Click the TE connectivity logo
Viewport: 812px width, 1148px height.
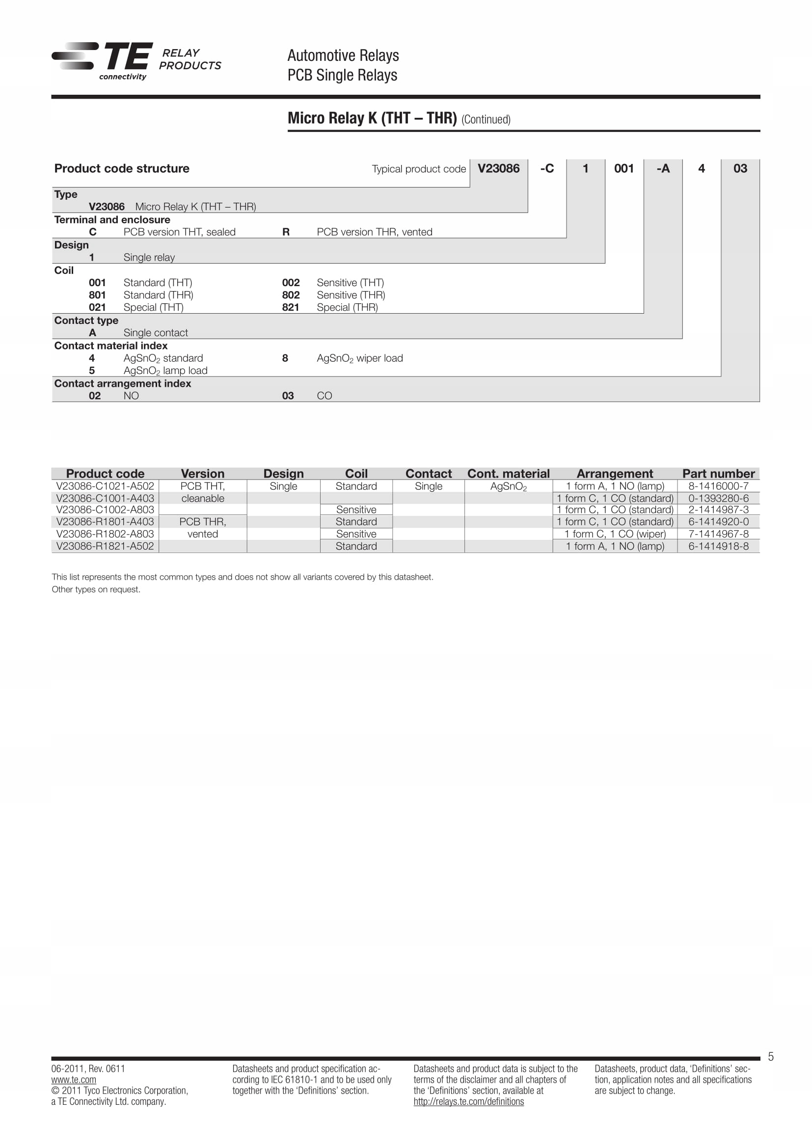click(102, 60)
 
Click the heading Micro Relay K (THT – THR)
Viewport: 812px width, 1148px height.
click(372, 118)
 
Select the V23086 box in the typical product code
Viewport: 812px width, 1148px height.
click(498, 168)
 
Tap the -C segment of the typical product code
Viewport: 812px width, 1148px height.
click(547, 168)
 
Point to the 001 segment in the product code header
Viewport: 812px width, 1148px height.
click(623, 168)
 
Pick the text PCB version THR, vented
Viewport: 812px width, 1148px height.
click(374, 232)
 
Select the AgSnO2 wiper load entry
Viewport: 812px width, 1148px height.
click(359, 358)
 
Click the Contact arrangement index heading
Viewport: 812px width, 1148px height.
click(123, 383)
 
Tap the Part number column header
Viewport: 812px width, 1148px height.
click(718, 474)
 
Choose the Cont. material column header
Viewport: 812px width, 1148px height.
click(508, 474)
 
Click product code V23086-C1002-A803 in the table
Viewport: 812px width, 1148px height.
click(105, 509)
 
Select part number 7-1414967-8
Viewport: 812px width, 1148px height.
click(718, 534)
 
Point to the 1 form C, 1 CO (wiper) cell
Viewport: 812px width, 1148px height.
click(615, 534)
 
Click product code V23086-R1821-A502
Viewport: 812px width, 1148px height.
click(105, 546)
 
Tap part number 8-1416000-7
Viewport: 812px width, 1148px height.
click(718, 486)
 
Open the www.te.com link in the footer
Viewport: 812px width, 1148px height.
click(74, 1079)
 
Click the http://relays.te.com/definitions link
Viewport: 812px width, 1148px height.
click(468, 1101)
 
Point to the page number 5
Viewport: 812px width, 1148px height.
click(770, 1057)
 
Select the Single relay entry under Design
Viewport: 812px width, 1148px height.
click(149, 258)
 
